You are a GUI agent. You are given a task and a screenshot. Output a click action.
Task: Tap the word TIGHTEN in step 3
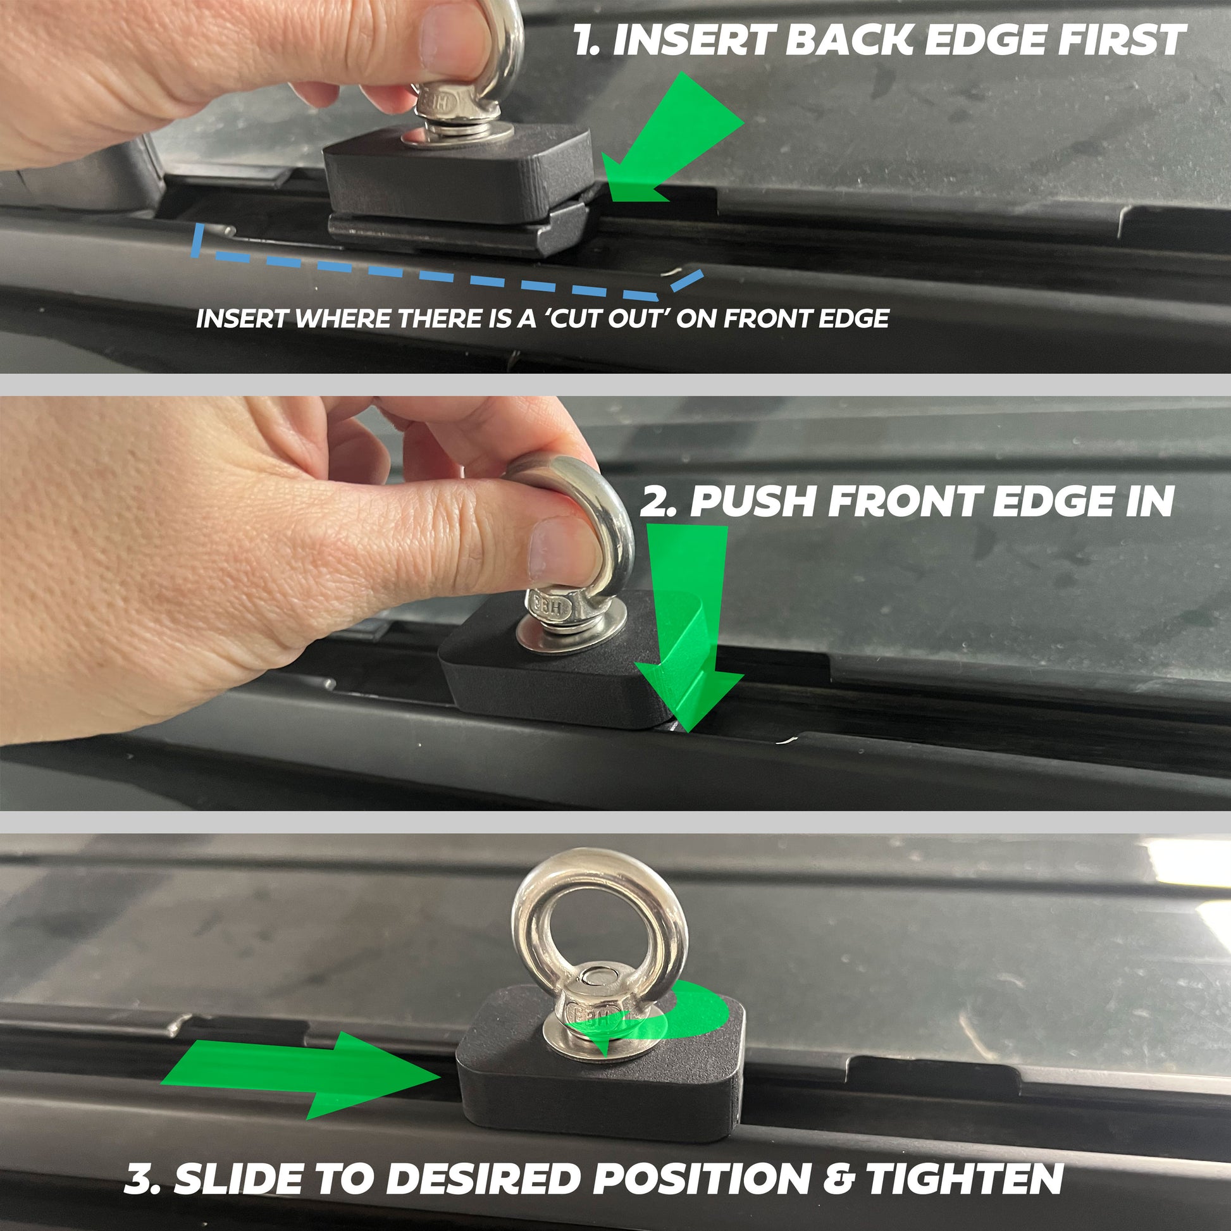(965, 1178)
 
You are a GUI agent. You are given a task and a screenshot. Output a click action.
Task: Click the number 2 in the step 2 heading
(655, 502)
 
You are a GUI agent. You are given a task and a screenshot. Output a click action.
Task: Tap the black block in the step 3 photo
(599, 1077)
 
